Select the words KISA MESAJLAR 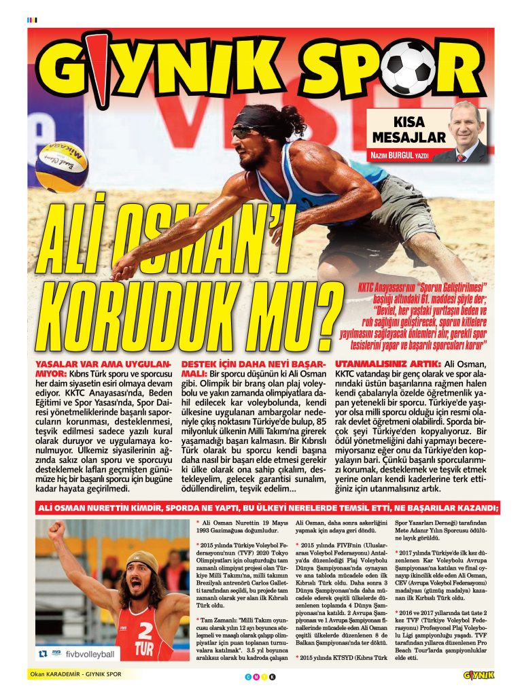(x=408, y=130)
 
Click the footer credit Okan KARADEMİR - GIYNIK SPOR (x=75, y=675)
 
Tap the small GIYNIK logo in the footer (x=478, y=675)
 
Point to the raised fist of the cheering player (x=56, y=529)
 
